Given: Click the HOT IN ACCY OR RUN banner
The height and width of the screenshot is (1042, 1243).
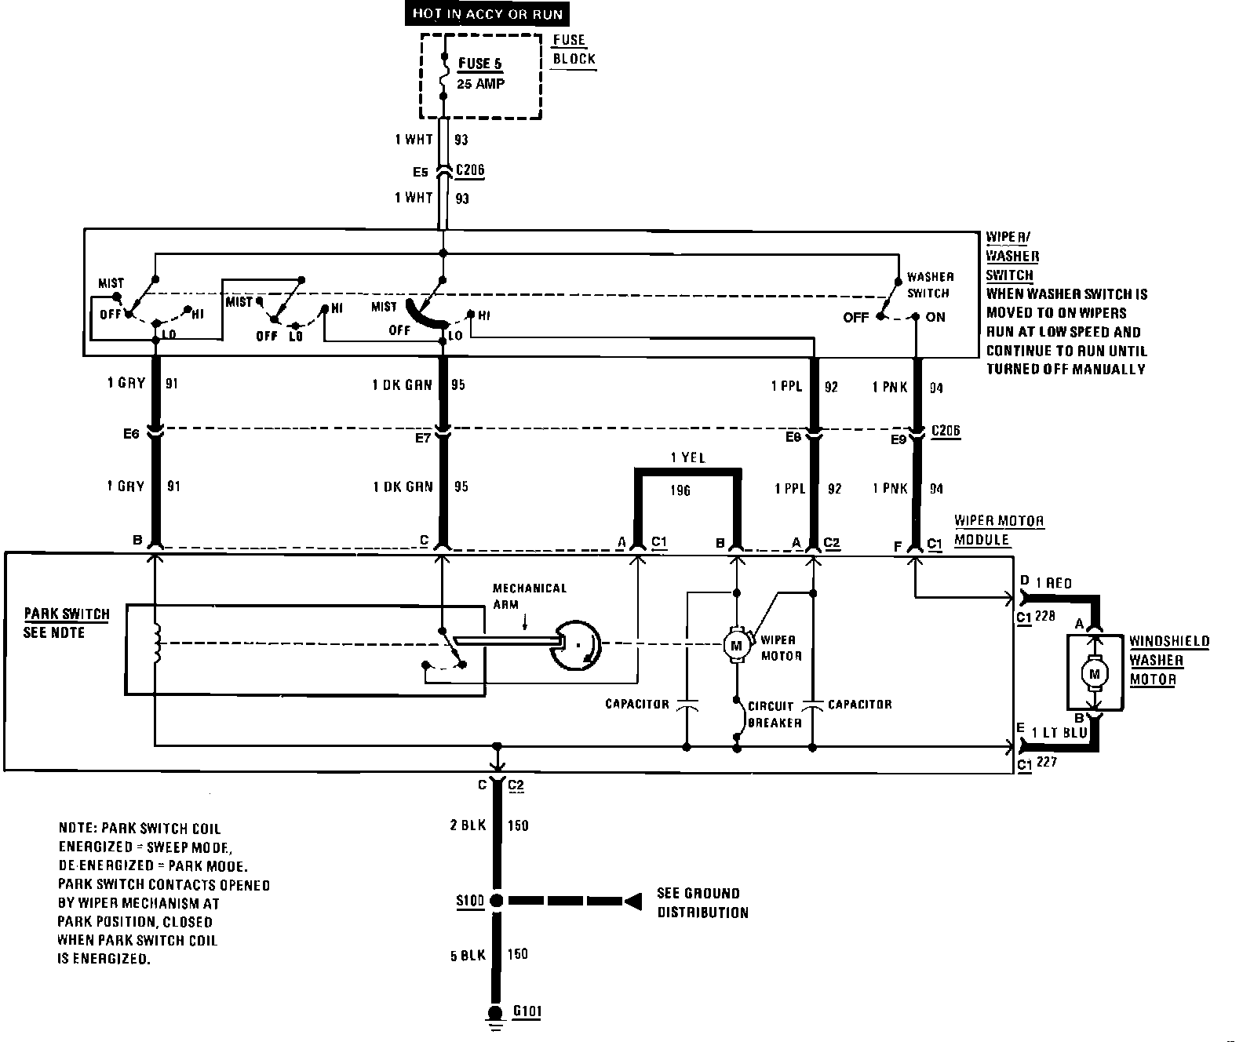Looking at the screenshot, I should point(487,14).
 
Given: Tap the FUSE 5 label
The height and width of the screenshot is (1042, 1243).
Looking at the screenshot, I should point(479,64).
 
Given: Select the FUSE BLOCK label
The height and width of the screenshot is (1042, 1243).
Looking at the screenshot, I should point(574,49).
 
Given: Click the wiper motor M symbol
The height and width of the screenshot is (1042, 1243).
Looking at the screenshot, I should point(736,645).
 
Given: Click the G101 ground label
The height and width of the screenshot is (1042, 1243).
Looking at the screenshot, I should point(527,1011).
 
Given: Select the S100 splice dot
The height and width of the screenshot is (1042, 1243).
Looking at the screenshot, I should point(496,901).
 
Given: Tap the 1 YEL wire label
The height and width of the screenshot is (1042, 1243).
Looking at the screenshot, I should point(687,457).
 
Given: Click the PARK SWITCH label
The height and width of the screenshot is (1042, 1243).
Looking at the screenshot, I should point(67,614).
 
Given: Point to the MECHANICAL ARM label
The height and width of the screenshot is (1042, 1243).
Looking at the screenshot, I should point(529,596).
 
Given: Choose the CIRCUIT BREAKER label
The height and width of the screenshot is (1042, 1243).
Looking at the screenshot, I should point(774,714).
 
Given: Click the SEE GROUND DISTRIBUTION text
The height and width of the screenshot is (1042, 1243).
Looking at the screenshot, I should point(702,902).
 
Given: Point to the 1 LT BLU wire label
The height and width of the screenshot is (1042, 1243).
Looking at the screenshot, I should point(1059,733).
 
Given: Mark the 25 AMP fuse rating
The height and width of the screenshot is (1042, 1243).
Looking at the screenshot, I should point(480,83).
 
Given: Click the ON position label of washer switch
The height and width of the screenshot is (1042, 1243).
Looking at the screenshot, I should point(935,317).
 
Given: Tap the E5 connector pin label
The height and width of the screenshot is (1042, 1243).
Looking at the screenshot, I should point(421,173).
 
